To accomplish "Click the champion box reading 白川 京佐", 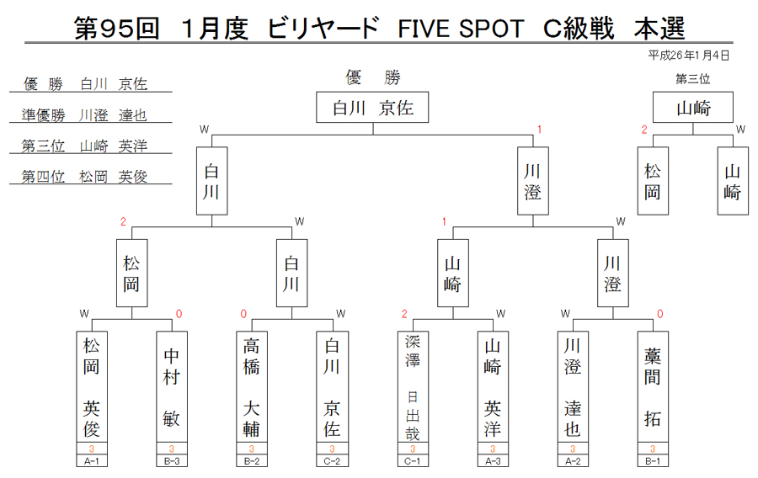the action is (372, 107).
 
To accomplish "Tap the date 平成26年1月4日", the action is (688, 56).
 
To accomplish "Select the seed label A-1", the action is (91, 461).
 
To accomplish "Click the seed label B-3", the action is (172, 461).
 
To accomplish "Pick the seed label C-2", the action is (332, 461).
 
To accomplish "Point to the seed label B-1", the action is (653, 461).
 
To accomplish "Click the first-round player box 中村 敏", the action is (172, 387).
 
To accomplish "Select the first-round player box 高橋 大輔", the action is (251, 387).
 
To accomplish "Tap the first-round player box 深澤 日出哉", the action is (413, 387).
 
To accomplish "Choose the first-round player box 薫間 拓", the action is (653, 387).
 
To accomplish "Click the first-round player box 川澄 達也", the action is (573, 387).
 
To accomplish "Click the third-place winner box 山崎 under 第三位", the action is (693, 107).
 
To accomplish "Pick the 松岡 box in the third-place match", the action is (653, 181).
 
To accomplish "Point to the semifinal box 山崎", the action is (452, 274).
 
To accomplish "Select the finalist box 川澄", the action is (533, 181).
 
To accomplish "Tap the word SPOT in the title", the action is (492, 29).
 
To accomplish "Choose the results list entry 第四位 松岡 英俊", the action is (84, 177).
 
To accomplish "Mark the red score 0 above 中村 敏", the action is (179, 314).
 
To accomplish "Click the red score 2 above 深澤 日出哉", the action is (404, 314).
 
